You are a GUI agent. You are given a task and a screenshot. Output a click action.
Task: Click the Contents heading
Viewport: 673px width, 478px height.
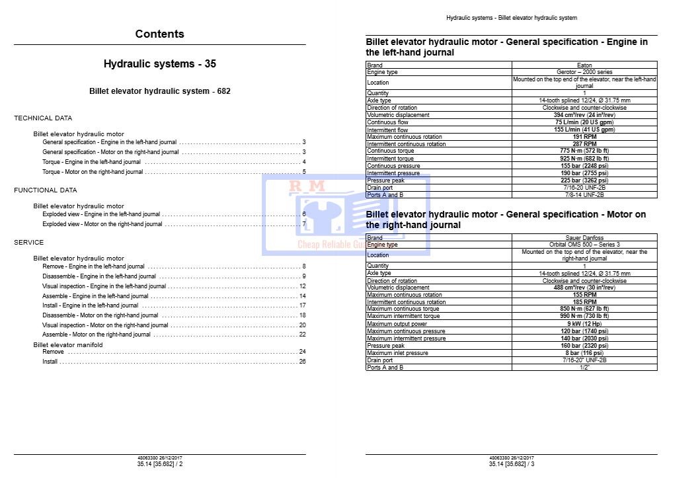(159, 34)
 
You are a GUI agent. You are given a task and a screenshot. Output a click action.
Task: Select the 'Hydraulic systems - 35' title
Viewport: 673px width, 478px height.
(159, 64)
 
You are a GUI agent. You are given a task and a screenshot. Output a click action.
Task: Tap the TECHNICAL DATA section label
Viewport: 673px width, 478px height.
(43, 118)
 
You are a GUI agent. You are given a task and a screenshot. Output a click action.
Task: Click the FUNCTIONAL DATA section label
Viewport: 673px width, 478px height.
(46, 190)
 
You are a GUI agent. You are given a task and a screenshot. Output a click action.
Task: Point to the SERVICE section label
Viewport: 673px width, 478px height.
(29, 243)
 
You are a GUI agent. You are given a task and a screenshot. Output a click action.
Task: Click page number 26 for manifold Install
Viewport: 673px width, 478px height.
(302, 362)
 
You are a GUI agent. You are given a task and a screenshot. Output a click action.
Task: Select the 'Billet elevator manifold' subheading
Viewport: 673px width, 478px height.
(68, 345)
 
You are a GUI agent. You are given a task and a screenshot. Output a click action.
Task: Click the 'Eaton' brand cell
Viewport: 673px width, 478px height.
(584, 65)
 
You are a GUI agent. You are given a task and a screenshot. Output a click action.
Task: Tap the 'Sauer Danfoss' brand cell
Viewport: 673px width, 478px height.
(584, 238)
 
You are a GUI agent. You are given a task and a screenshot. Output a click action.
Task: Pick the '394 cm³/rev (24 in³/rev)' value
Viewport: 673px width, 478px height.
(584, 115)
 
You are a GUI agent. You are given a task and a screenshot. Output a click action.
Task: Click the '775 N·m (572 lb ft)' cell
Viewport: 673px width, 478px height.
(584, 151)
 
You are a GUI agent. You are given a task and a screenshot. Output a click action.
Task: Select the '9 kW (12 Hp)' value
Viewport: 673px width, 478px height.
(584, 324)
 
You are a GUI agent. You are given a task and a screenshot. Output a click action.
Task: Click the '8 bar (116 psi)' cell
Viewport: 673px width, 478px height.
(584, 353)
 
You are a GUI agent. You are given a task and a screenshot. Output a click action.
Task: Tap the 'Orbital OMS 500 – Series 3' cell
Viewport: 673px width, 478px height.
(584, 245)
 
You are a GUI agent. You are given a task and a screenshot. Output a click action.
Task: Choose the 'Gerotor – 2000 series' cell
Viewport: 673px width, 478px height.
(584, 72)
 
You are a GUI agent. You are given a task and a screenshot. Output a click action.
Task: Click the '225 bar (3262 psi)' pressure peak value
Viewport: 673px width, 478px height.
(584, 180)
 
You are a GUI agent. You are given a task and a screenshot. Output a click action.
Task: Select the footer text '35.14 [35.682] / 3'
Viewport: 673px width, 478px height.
(512, 464)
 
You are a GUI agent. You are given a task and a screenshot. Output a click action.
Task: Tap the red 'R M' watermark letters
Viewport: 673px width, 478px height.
(306, 187)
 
